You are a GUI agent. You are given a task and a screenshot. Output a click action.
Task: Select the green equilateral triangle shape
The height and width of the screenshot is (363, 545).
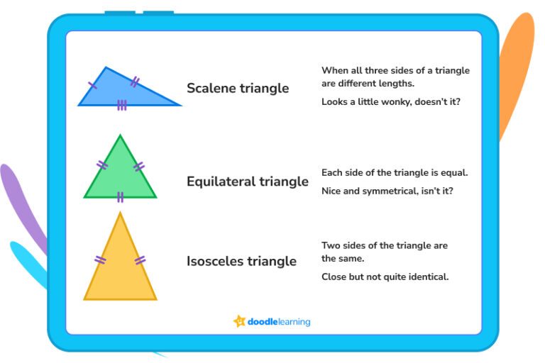[120, 174]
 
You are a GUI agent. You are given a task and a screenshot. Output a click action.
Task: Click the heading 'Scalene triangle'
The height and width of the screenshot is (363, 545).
[238, 89]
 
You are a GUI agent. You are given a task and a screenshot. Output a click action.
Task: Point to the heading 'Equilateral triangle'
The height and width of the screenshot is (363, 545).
[248, 181]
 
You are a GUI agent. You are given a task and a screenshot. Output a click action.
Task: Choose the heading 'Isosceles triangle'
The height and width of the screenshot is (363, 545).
[241, 261]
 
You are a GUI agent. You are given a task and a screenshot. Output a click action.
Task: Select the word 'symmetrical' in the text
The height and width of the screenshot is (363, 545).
[395, 191]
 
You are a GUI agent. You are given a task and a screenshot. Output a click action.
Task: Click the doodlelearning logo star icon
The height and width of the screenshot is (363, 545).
[239, 321]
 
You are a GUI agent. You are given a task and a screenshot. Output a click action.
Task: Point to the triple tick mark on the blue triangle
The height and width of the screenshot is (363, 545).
[122, 105]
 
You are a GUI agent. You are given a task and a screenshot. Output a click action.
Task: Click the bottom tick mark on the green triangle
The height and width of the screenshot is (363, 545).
[121, 196]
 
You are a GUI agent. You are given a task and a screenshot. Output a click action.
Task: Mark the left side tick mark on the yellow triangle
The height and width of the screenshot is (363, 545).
[101, 260]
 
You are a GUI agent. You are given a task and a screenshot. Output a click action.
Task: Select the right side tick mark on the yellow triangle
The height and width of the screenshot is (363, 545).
[140, 260]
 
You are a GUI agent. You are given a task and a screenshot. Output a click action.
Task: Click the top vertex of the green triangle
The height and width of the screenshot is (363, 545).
[120, 136]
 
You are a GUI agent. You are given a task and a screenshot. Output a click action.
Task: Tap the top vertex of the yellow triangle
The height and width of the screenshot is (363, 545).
[120, 213]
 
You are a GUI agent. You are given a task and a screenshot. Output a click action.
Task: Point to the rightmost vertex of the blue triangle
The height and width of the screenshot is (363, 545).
[180, 105]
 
